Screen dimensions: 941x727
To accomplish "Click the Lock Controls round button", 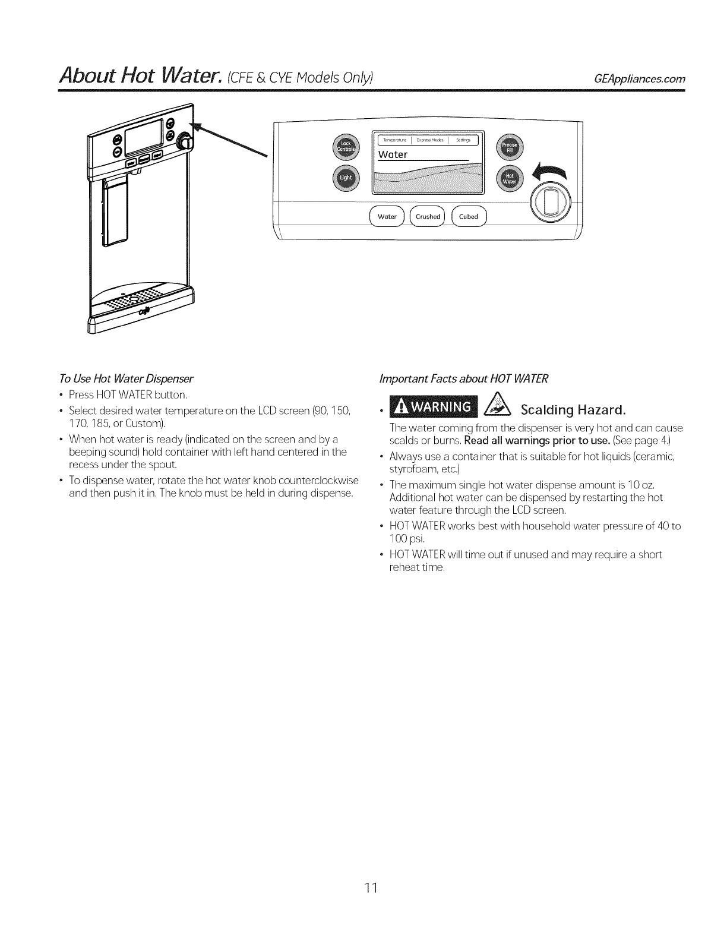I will tap(345, 147).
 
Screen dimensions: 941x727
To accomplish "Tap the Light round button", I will tap(345, 178).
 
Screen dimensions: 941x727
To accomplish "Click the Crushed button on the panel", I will tap(428, 216).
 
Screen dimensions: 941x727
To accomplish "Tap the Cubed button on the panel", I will tap(469, 216).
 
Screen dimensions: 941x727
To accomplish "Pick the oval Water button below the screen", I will tap(387, 216).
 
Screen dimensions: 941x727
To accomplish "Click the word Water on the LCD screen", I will tap(393, 154).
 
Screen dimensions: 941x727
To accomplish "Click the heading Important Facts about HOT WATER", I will tap(464, 378).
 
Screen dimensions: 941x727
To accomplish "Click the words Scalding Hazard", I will tap(573, 409).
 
